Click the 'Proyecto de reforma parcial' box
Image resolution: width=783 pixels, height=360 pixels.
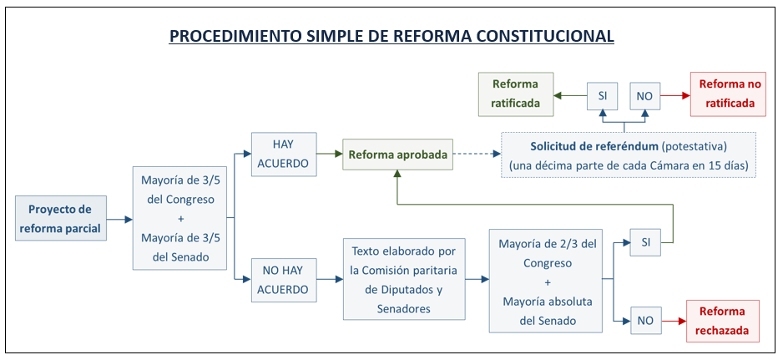61,219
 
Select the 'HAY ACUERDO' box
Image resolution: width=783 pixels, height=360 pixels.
284,154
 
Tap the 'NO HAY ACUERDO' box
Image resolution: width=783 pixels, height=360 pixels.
284,280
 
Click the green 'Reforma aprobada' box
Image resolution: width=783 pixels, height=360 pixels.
397,155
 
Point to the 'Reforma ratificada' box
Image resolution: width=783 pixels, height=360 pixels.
516,94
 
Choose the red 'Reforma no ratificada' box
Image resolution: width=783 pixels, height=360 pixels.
728,94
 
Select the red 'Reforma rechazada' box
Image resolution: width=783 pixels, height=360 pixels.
723,321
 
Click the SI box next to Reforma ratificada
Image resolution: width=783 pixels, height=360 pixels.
602,96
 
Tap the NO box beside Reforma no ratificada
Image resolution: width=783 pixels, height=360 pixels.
644,96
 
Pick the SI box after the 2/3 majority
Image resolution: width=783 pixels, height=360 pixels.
645,242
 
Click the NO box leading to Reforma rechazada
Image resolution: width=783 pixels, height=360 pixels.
645,321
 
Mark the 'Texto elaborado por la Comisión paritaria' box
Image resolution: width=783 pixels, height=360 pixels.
404,279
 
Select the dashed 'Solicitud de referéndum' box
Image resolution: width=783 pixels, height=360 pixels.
629,155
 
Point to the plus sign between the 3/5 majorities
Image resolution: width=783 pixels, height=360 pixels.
181,219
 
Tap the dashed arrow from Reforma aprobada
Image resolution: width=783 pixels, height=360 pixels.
477,155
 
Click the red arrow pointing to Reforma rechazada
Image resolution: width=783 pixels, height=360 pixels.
674,321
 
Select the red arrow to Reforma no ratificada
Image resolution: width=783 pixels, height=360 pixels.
675,96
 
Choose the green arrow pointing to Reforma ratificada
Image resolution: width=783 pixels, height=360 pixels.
570,96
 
